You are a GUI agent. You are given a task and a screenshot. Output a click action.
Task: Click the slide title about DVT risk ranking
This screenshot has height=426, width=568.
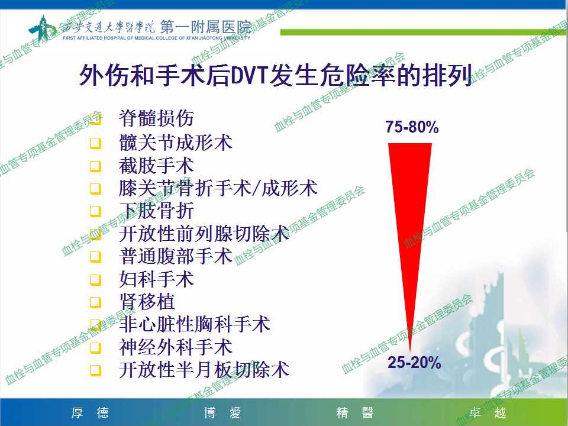[276, 75]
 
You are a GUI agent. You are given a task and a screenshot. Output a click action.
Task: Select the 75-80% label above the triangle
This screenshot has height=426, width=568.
[412, 127]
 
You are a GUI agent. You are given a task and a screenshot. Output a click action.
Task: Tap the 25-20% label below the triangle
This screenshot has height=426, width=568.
[414, 362]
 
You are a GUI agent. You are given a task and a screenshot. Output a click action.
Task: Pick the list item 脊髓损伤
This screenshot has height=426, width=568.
[156, 118]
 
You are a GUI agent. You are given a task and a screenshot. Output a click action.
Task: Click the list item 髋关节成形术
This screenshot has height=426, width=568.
[176, 143]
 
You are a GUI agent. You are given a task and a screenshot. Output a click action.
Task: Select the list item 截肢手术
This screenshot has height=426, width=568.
[156, 166]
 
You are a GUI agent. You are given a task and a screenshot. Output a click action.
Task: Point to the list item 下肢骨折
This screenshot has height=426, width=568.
[156, 211]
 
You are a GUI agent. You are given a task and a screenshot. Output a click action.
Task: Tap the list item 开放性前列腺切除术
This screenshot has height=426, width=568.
[204, 234]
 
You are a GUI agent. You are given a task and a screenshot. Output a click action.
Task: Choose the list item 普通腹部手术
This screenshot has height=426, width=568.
[176, 256]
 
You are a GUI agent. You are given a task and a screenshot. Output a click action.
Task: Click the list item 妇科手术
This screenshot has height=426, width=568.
[156, 279]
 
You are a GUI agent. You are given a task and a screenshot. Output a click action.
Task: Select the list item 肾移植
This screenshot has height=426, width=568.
[147, 301]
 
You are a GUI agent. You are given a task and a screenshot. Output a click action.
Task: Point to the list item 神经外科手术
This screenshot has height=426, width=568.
[176, 347]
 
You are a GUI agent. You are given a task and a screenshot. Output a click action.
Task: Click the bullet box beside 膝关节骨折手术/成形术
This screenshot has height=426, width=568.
[95, 189]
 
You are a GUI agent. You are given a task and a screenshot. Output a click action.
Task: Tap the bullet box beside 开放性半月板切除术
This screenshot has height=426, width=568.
[95, 370]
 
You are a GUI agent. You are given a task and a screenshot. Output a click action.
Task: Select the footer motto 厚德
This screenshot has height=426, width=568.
[90, 412]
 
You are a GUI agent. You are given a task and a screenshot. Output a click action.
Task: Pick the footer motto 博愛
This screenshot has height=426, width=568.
[222, 412]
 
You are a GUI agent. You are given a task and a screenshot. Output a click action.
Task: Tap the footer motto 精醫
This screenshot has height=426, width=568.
[354, 412]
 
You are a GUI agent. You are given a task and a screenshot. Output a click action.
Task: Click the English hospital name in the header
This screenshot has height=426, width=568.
[156, 38]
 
